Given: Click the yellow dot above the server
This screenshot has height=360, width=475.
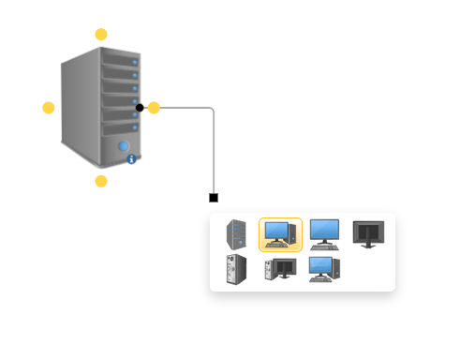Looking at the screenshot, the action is coord(101,35).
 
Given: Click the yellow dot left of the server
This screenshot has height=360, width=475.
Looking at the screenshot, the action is coord(49,108).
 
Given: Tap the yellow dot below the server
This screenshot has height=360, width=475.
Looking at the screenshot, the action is coord(101,181).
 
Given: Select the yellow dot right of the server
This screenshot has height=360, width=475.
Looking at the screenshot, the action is coord(155,108).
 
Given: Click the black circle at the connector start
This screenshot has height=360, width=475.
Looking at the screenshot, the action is coord(140,108).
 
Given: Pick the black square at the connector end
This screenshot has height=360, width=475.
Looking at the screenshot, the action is coord(214,198).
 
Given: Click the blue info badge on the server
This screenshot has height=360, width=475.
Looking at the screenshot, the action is coord(131,159).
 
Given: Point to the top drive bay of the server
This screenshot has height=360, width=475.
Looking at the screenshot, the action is coord(120,61).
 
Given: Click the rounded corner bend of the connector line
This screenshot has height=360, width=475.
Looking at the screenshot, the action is coord(212,111).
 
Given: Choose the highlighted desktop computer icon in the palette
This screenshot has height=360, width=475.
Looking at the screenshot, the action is coord(280,233).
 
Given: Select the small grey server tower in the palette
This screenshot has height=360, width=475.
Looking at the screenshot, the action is coord(236,232).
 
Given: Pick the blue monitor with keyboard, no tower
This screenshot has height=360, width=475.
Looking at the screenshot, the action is coord(324,233).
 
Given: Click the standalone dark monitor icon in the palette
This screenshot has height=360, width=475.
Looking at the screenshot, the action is coord(368,233).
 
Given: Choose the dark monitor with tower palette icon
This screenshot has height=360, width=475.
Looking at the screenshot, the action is coord(280,270).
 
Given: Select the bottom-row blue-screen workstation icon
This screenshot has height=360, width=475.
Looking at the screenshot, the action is coord(324,270).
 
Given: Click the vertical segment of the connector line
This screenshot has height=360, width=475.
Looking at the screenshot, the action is coord(214,155).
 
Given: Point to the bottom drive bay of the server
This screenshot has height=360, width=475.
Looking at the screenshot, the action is coord(120,125).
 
